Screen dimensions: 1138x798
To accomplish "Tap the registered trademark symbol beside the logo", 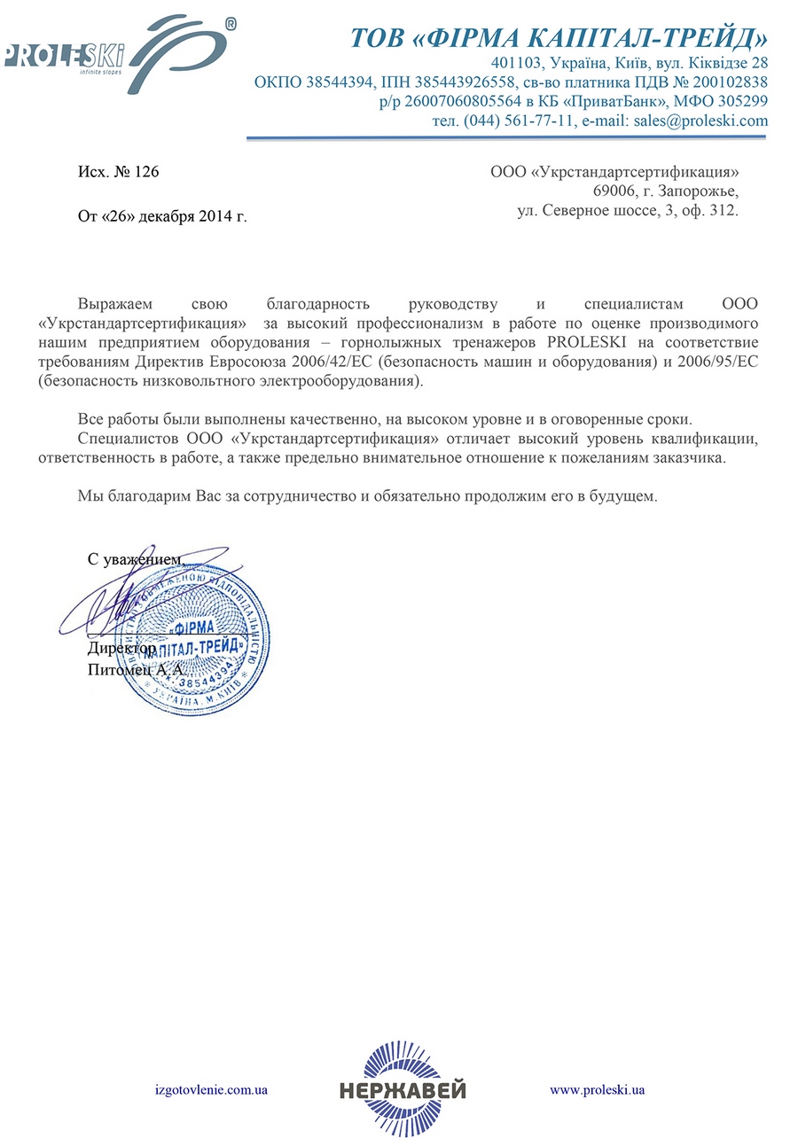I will (230, 26).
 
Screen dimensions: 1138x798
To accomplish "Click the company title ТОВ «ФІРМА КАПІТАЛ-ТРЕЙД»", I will (558, 38).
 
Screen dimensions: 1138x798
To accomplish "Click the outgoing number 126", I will (146, 172).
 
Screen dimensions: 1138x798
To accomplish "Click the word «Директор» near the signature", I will (121, 650).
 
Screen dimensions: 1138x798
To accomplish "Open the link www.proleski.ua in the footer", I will (597, 1088).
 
